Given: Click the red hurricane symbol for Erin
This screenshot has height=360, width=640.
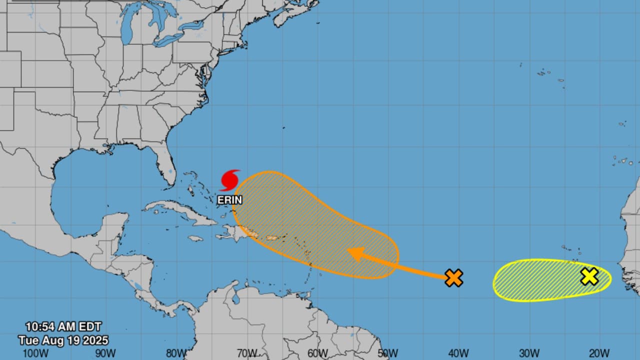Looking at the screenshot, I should [x=230, y=180].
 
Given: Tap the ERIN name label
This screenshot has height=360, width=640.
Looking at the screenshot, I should [x=230, y=200].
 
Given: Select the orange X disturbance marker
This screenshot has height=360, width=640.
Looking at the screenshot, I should [x=453, y=277].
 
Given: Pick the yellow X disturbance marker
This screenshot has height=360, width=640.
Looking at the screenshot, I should [x=589, y=276].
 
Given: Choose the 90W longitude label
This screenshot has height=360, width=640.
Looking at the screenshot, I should [x=106, y=353].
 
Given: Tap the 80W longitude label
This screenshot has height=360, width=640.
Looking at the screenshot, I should [x=176, y=353].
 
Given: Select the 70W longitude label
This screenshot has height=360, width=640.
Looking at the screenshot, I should [x=246, y=353].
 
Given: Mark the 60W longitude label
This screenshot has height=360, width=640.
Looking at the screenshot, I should [x=317, y=353].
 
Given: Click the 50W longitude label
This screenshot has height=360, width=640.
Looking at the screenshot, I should [x=387, y=353].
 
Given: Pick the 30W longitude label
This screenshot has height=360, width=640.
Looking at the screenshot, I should [x=528, y=353].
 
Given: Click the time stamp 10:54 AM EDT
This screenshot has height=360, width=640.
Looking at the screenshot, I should [x=63, y=327].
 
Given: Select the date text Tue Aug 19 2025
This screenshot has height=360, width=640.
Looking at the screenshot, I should [x=63, y=340].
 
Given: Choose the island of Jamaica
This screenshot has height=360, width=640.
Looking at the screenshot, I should [x=195, y=238].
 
